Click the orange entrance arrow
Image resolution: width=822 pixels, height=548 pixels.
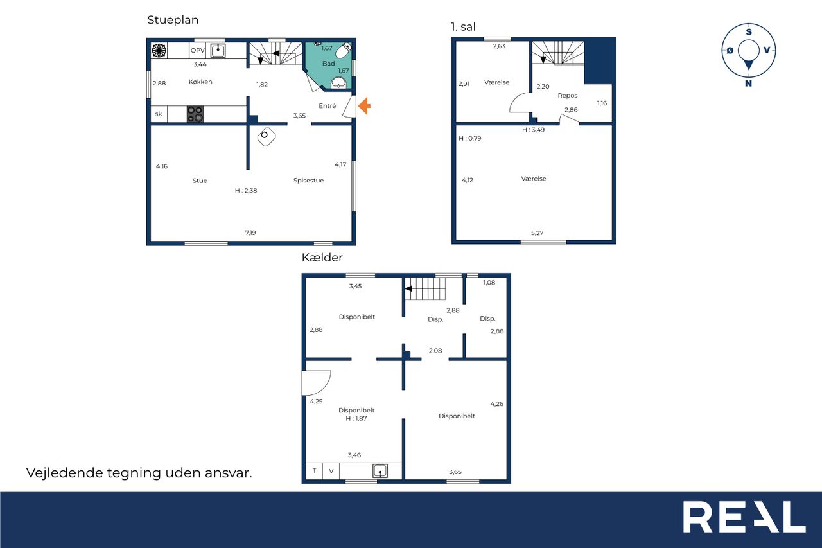point(364,106)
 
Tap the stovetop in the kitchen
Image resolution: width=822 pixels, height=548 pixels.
point(195,114)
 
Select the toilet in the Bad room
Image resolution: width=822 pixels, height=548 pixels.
point(344,50)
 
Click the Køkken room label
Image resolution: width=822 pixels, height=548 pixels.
point(200,82)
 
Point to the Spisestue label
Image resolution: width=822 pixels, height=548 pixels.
point(308,181)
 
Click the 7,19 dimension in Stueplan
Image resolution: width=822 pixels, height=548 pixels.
point(250,233)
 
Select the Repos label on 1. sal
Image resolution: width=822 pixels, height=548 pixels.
point(567,96)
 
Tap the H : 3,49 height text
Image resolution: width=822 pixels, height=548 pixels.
point(533,130)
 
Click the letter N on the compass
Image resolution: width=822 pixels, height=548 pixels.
point(748,84)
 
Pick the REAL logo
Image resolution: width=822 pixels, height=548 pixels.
point(744,517)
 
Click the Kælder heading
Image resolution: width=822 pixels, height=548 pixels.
point(322,258)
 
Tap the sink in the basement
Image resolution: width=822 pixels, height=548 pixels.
point(380,471)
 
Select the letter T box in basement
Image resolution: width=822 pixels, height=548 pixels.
point(315,471)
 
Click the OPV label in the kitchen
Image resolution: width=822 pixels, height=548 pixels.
point(197,50)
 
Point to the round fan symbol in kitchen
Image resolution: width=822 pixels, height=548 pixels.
point(159,50)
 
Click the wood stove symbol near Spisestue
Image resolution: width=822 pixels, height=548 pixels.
point(267,137)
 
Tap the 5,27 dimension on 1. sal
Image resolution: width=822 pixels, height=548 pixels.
point(537,233)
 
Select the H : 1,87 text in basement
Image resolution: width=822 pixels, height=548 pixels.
point(356,418)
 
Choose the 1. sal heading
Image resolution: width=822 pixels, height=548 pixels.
point(463,27)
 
